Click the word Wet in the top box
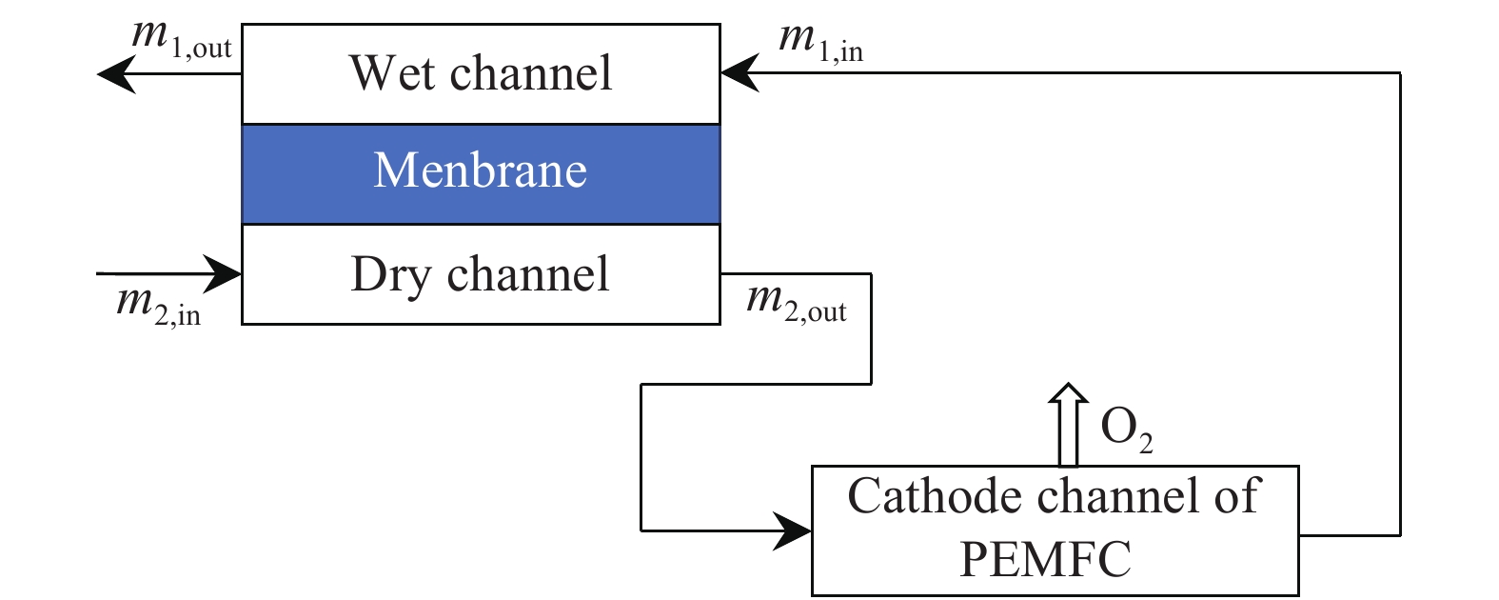pos(392,72)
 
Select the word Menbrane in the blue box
pos(481,170)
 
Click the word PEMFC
pos(1045,558)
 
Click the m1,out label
pos(182,39)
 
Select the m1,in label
pos(821,42)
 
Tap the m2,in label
pos(159,306)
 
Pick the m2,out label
pos(797,304)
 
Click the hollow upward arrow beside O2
pos(1068,425)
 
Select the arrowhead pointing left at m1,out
pos(117,73)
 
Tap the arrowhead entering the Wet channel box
pos(740,72)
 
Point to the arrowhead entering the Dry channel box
pos(222,273)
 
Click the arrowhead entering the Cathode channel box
pos(792,531)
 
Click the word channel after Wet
pos(531,72)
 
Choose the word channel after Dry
pos(528,273)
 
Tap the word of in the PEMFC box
pos(1238,495)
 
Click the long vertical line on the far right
pos(1400,304)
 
